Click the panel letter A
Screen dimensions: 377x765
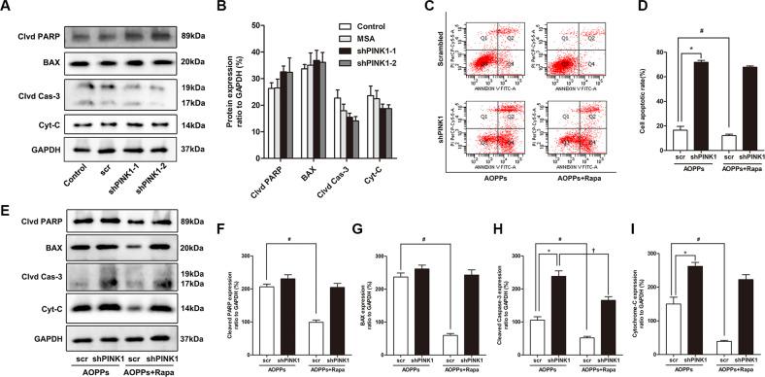(7, 9)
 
